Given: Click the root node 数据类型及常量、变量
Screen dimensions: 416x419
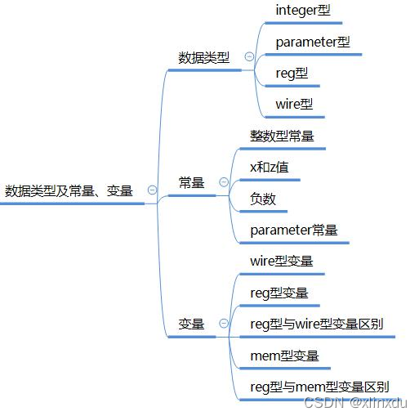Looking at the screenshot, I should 69,191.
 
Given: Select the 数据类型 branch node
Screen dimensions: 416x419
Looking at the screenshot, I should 204,58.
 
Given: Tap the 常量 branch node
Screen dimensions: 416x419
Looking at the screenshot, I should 192,183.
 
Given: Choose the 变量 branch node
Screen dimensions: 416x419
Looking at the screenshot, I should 192,324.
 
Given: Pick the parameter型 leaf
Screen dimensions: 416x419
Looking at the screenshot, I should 313,42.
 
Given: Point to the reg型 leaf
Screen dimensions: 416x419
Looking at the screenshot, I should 292,74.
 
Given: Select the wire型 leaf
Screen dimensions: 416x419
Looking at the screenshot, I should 294,105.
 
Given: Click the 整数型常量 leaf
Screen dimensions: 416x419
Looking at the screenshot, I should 282,136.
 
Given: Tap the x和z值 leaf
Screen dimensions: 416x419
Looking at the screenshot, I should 269,168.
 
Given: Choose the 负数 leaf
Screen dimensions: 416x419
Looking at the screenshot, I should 263,199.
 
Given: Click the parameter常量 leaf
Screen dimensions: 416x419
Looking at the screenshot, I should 294,230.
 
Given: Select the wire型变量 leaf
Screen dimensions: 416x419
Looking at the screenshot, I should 282,262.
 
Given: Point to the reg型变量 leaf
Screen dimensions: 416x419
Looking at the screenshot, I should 279,293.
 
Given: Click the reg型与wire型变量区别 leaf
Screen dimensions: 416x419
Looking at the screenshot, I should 316,324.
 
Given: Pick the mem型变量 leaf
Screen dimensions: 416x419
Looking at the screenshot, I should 284,356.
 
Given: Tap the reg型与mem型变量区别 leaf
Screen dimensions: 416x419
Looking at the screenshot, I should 319,387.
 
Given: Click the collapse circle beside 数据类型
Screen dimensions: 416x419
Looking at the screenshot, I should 249,57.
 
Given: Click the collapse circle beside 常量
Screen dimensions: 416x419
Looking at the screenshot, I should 224,182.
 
